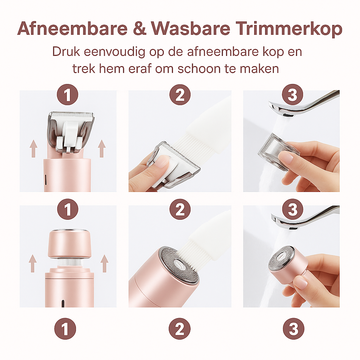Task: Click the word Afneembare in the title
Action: pos(72,28)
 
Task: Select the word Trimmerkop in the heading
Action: pos(289,29)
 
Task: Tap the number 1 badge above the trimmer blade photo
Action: pos(67,95)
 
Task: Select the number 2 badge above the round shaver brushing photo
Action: pos(180,209)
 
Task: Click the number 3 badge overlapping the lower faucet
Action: pos(292,209)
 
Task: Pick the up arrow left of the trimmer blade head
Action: pos(33,149)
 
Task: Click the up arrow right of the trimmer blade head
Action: pos(102,149)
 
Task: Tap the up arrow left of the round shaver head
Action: pos(33,263)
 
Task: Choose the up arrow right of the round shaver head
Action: pos(104,263)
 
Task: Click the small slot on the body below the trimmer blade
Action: pos(45,180)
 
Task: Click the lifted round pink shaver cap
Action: pos(69,243)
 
